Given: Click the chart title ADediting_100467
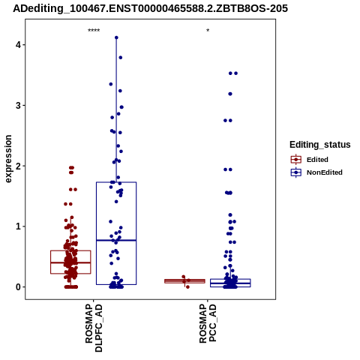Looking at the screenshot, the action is point(150,8).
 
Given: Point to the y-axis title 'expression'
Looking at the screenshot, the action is point(8,159).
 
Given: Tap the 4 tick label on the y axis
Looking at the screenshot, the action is point(18,45).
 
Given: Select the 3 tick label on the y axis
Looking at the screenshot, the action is point(18,105).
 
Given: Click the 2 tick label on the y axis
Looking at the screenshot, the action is point(18,166).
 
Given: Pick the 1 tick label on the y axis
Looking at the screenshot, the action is point(18,226).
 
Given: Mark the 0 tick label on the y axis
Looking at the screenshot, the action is point(18,286).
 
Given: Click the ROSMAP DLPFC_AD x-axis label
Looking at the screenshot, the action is point(94,328).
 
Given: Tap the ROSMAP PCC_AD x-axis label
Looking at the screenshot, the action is point(208,323).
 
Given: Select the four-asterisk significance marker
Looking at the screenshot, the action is point(94,31).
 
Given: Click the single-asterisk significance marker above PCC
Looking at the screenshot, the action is point(208,31).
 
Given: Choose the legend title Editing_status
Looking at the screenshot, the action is point(320,145).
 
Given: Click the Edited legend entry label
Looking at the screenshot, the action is point(317,160).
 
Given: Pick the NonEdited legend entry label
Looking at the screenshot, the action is point(325,172).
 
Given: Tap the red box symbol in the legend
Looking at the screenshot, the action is point(296,160).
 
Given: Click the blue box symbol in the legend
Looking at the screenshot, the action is point(296,172).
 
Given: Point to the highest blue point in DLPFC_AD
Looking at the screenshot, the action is point(116,37).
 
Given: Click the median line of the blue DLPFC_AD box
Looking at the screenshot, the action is point(116,240).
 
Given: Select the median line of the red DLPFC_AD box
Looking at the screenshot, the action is point(70,262).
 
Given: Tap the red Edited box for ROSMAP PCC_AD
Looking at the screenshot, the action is point(184,281).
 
